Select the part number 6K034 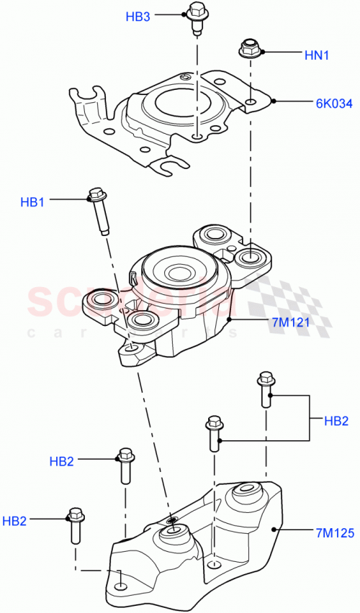coord(333,104)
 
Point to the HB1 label coord(32,203)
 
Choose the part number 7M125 coord(333,533)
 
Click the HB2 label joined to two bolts coord(336,420)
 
